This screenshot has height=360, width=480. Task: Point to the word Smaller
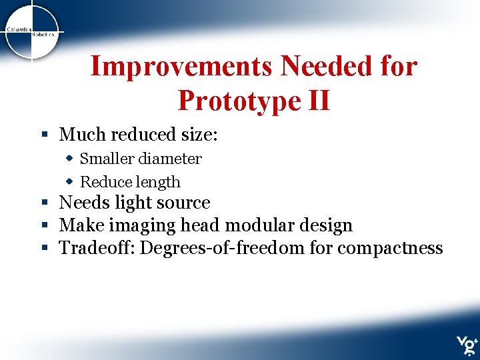(x=107, y=159)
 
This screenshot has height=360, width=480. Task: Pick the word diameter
(x=169, y=159)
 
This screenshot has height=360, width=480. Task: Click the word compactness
(x=390, y=249)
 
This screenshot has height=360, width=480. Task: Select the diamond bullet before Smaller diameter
(x=69, y=159)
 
